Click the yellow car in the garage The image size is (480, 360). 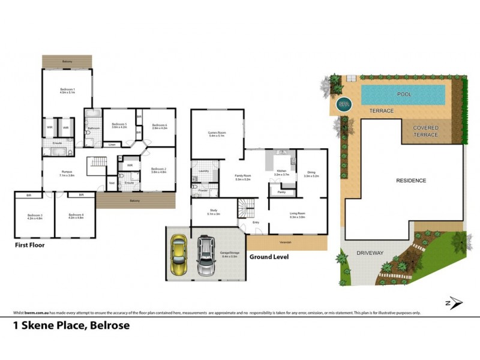(179, 254)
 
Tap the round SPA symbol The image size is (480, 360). (344, 103)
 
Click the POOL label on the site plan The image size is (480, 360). (404, 95)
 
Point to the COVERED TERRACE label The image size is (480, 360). (425, 131)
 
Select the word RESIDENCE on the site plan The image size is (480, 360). (410, 181)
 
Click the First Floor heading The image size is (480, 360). (29, 245)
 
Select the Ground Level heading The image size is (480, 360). (269, 257)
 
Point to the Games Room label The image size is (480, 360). (217, 133)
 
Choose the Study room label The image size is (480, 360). (213, 211)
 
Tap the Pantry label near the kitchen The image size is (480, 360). (281, 192)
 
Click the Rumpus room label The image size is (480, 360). (67, 173)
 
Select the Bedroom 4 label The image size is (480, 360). (75, 215)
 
